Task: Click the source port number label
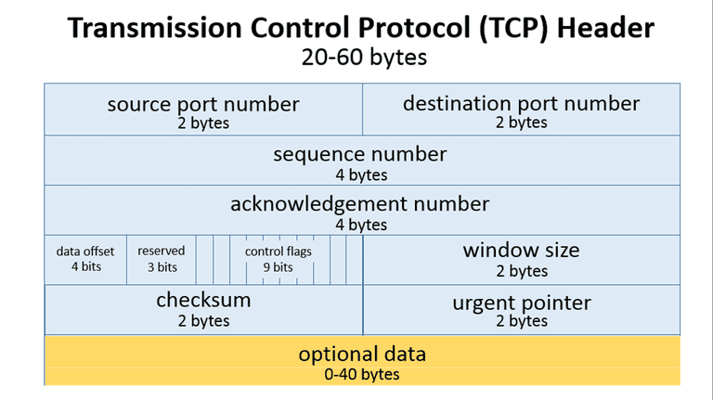[203, 103]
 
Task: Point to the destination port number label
[521, 103]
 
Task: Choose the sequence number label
[360, 154]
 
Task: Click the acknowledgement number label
[360, 203]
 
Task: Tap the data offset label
[85, 252]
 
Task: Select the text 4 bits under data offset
[85, 267]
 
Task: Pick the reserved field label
[162, 251]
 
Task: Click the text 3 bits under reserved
[162, 267]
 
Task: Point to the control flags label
[279, 252]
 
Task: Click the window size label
[521, 250]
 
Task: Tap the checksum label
[203, 301]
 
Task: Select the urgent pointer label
[521, 303]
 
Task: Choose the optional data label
[362, 354]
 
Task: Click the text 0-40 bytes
[362, 374]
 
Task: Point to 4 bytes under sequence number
[361, 174]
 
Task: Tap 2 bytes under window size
[521, 271]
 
